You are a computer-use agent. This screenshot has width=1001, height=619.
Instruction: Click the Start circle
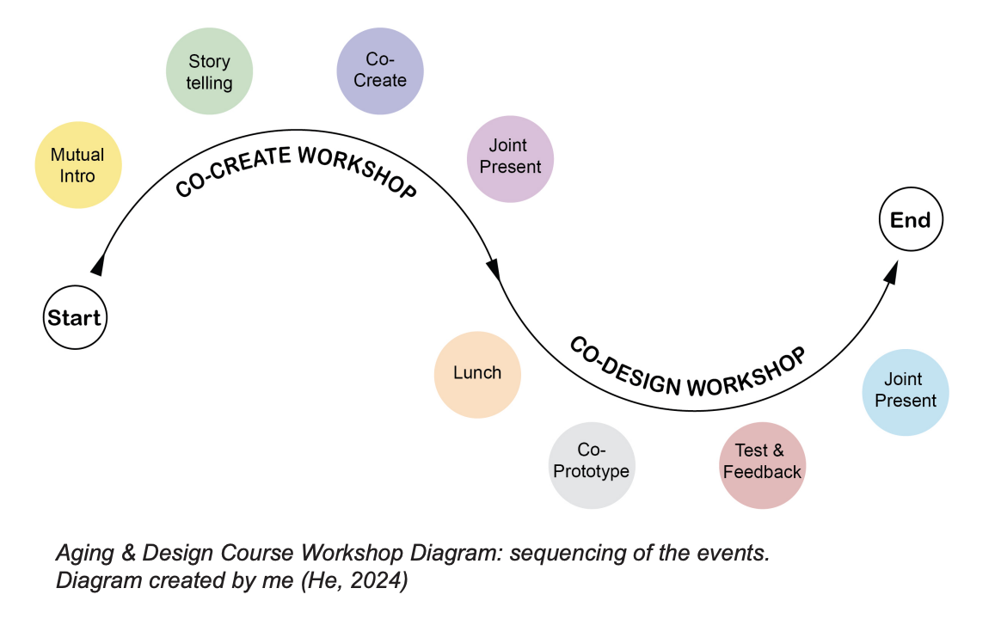tap(75, 317)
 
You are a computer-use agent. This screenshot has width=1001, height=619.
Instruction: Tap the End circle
tap(911, 220)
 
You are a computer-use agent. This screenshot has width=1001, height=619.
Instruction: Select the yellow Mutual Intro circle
tap(77, 165)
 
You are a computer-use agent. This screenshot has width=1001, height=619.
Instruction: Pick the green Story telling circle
tap(209, 72)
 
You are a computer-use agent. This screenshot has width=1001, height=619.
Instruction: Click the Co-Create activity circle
tap(379, 70)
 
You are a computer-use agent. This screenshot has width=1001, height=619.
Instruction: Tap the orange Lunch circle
tap(477, 374)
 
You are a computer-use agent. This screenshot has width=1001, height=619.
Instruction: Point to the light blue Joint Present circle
tap(905, 390)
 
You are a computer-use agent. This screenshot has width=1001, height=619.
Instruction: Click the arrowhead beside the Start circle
tap(98, 265)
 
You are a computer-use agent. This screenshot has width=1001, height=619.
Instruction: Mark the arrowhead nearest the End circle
tap(891, 273)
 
